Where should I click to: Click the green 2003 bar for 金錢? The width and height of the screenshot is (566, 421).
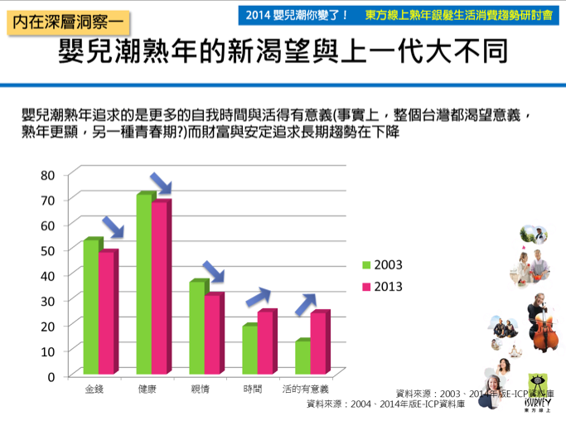[x=91, y=307]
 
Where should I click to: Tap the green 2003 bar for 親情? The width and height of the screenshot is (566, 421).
[x=197, y=327]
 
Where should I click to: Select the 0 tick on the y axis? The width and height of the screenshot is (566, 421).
[x=51, y=376]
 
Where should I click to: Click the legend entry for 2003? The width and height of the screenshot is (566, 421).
[x=381, y=265]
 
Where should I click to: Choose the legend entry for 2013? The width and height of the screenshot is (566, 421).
[x=381, y=287]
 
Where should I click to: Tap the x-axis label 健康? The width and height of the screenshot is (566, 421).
[x=148, y=389]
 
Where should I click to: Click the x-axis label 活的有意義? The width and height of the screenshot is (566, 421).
[x=306, y=389]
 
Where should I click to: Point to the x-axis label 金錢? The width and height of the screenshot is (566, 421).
[x=95, y=389]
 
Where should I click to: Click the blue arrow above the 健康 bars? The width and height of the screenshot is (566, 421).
[x=160, y=183]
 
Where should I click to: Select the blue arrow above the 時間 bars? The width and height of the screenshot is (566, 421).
[x=259, y=296]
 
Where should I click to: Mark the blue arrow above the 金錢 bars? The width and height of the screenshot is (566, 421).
[x=112, y=225]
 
